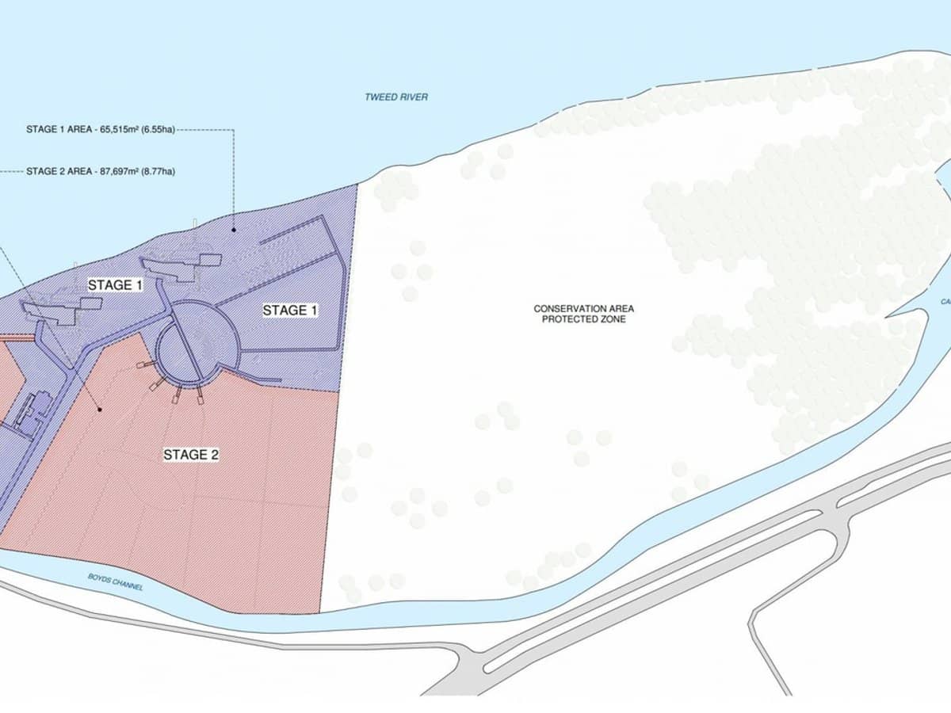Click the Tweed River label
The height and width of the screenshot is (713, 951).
pyautogui.click(x=396, y=97)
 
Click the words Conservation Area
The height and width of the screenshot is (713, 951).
pyautogui.click(x=584, y=308)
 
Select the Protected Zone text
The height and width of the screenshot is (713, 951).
pyautogui.click(x=584, y=318)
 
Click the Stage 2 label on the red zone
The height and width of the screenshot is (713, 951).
pyautogui.click(x=191, y=455)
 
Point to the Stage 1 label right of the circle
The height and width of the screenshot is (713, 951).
pyautogui.click(x=290, y=311)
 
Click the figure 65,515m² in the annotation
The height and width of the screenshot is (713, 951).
pyautogui.click(x=120, y=132)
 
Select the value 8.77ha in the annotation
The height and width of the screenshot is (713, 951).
pyautogui.click(x=158, y=170)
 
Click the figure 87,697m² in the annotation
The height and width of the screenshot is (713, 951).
pyautogui.click(x=120, y=170)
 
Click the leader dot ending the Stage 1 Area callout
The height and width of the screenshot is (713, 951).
pyautogui.click(x=234, y=230)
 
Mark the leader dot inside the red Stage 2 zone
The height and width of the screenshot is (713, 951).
pyautogui.click(x=100, y=410)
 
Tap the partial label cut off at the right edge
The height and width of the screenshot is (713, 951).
pyautogui.click(x=945, y=301)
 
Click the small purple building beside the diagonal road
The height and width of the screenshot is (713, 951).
pyautogui.click(x=35, y=412)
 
